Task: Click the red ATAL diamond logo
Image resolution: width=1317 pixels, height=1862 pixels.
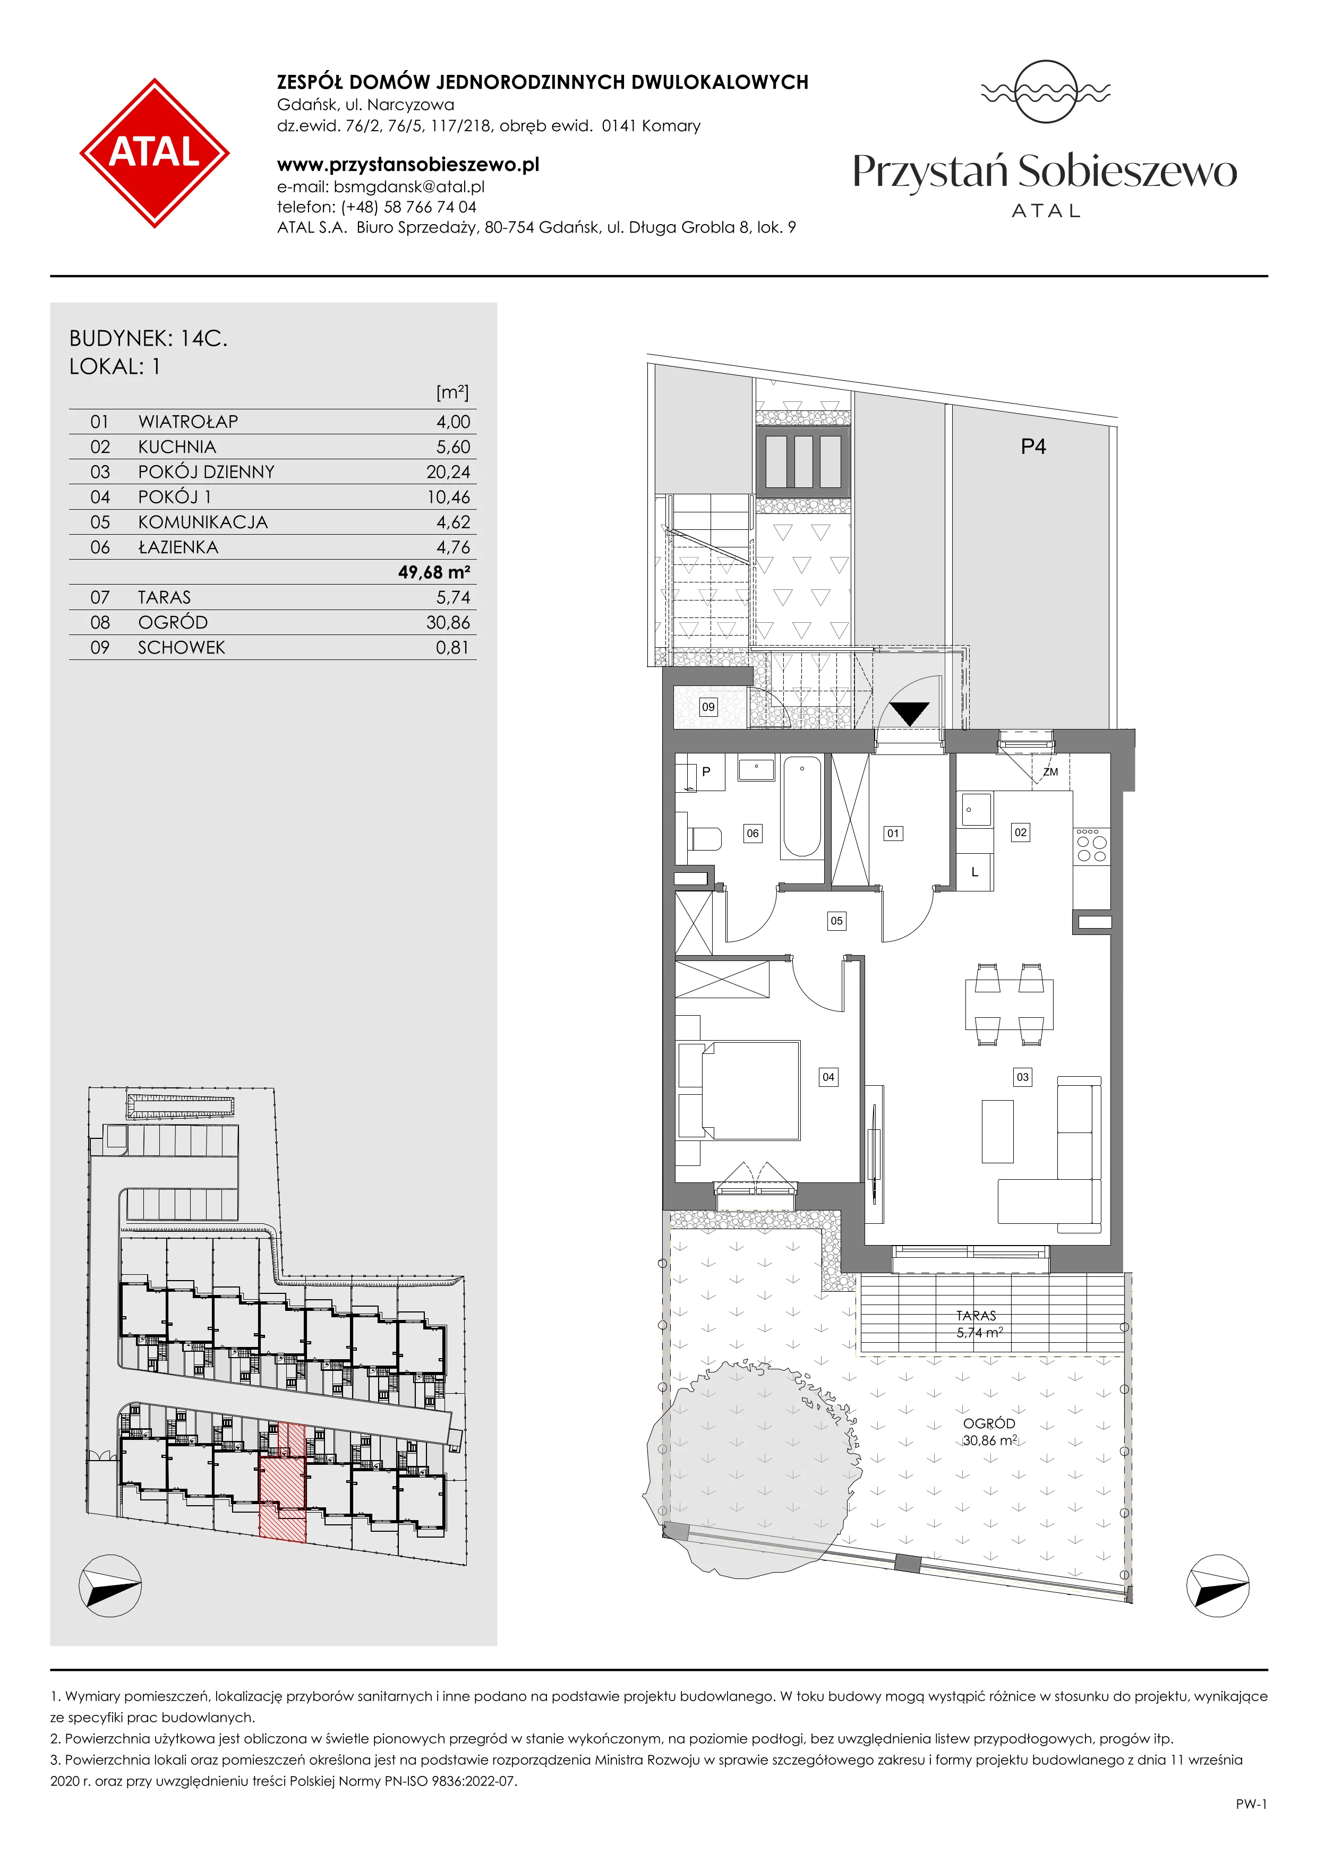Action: pos(154,152)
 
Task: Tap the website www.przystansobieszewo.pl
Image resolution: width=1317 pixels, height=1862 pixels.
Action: pos(408,165)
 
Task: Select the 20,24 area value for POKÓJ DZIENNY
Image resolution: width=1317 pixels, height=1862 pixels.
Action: pos(448,472)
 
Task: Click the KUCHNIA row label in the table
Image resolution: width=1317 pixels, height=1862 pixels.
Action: pos(177,447)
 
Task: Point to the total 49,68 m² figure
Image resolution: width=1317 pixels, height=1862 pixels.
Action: pos(434,572)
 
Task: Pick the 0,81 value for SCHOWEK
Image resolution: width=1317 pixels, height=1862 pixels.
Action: pos(452,647)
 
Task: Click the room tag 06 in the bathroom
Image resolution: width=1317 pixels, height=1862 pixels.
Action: pos(752,833)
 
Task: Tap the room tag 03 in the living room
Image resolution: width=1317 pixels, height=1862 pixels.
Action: pos(1023,1077)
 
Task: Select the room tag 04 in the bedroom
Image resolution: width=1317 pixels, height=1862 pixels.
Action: pos(828,1077)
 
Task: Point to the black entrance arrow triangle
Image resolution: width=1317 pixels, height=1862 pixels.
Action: pos(909,713)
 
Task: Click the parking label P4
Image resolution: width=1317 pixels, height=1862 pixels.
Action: pos(1033,446)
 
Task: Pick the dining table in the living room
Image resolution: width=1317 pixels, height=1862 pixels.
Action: pos(1009,1004)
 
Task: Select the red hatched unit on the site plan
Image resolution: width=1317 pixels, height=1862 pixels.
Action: pos(282,1481)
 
